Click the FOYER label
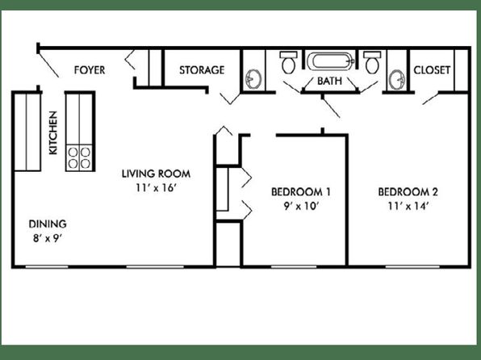[90, 70]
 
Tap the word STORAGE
[202, 70]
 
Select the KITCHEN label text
[53, 132]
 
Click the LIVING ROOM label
[156, 174]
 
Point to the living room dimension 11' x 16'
[156, 187]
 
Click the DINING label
[48, 224]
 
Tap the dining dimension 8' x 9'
[48, 238]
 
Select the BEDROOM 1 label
[301, 192]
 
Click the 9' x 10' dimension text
[301, 206]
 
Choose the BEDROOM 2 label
[408, 192]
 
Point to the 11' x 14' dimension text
[408, 206]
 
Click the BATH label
[329, 81]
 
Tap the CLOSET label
[432, 70]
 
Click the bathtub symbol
[331, 61]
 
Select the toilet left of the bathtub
[288, 62]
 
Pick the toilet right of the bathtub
[372, 62]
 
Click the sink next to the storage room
[253, 79]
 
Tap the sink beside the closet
[397, 79]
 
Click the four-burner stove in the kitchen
[79, 157]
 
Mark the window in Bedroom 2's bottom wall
[412, 266]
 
